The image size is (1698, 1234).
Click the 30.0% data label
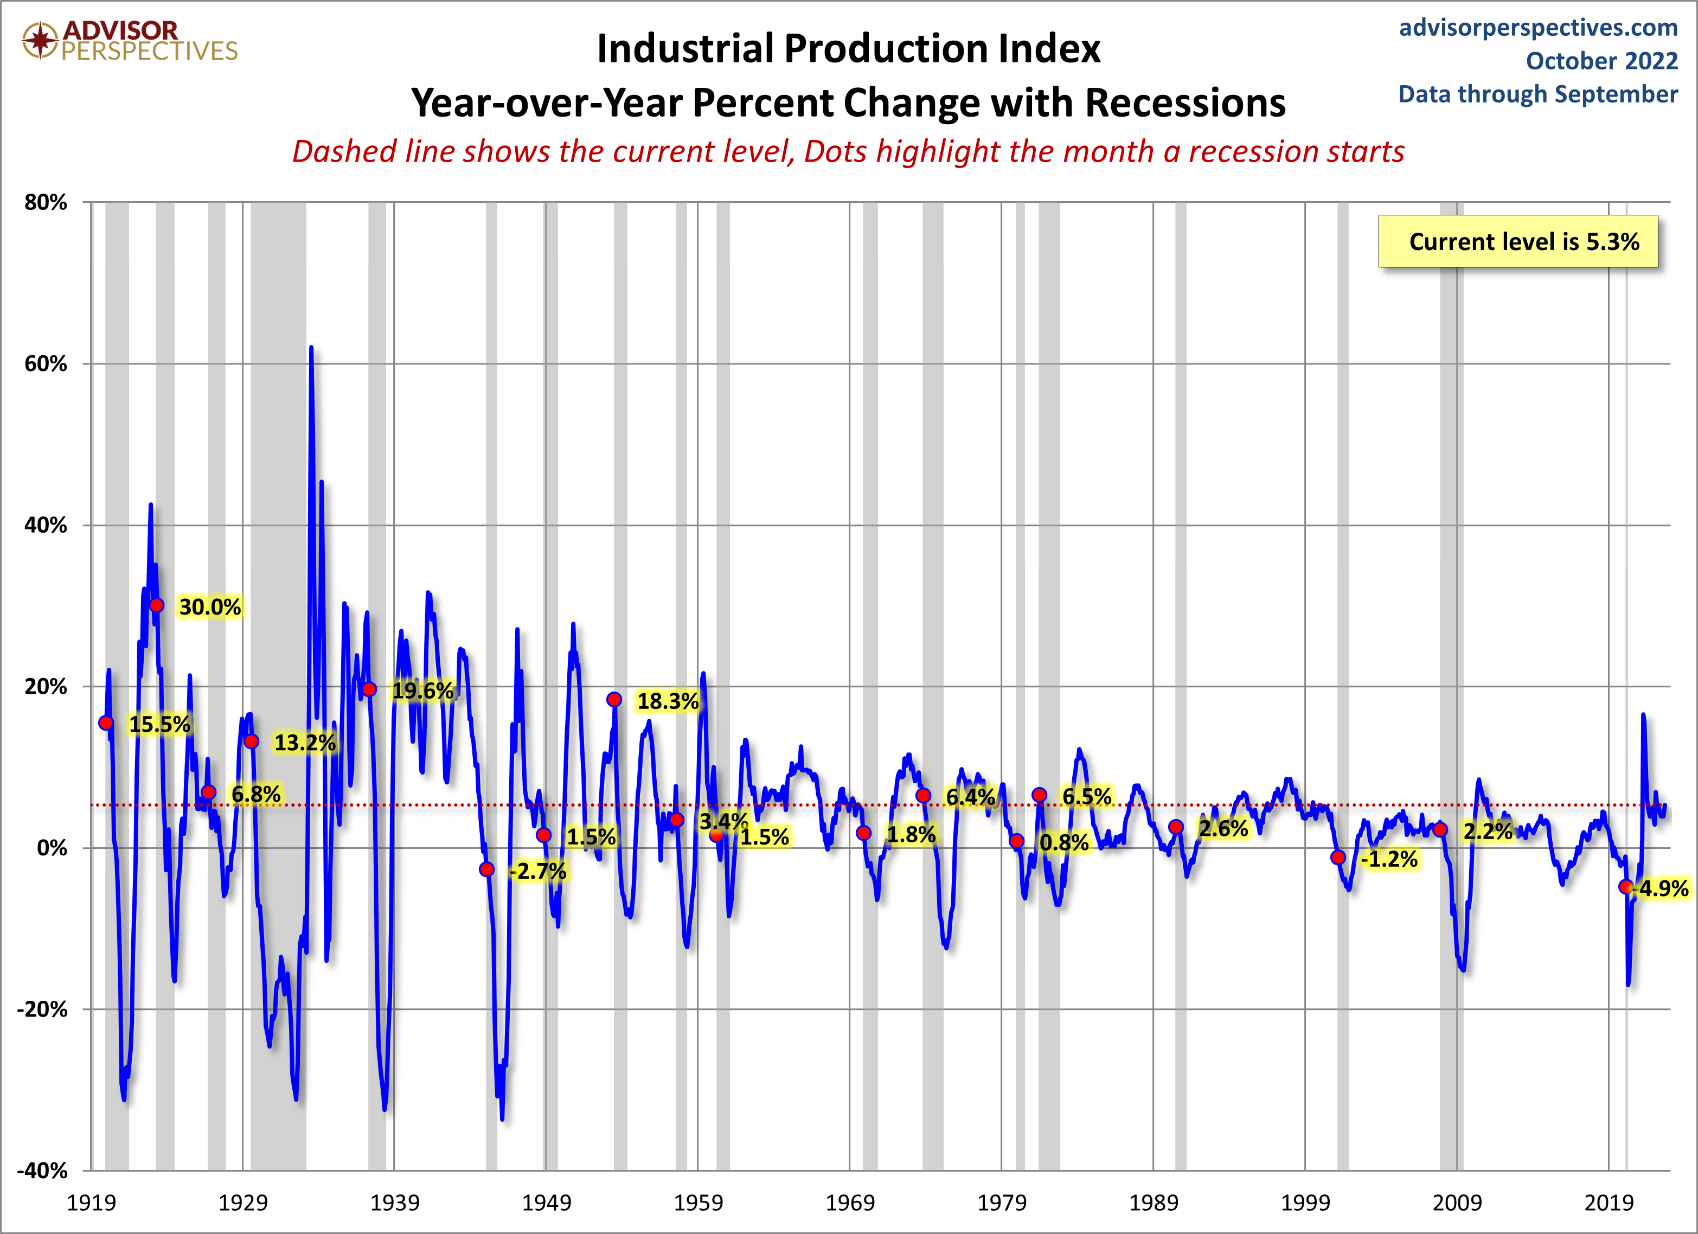210,606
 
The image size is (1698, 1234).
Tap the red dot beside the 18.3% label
614,699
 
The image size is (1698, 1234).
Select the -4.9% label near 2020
1663,889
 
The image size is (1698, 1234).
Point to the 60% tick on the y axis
46,364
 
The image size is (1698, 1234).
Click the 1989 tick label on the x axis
1153,1203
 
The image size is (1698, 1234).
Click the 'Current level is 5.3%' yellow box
1518,241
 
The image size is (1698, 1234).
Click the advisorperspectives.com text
1539,28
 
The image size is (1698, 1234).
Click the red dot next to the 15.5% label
106,723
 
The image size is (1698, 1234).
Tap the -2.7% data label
537,871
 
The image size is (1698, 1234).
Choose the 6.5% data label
1086,796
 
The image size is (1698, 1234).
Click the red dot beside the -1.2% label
1338,858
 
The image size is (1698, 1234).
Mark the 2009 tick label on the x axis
1457,1203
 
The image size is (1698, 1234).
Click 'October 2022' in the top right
1602,61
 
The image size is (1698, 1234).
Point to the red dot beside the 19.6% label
369,689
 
